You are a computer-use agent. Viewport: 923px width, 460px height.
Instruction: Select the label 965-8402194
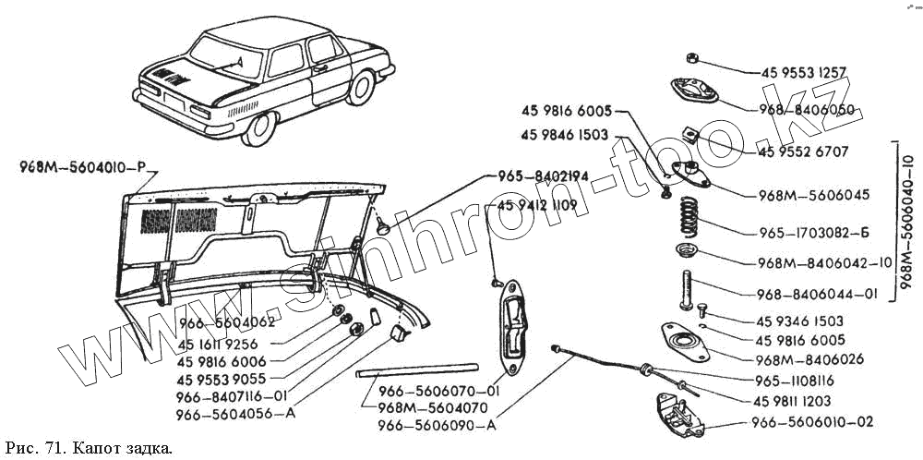click(535, 176)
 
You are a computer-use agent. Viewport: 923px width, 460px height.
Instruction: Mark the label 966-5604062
click(228, 322)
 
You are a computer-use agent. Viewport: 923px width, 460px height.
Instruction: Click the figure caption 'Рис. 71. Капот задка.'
click(89, 448)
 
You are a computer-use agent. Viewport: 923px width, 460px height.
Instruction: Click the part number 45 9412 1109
click(539, 204)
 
